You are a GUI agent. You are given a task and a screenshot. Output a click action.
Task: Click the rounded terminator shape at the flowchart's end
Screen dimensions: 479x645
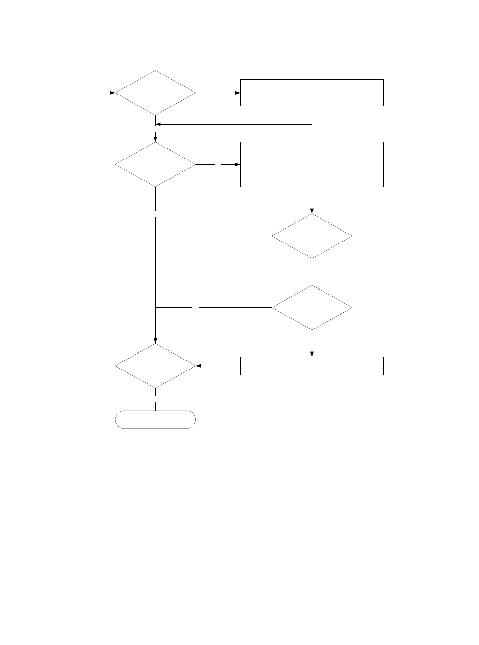(x=155, y=419)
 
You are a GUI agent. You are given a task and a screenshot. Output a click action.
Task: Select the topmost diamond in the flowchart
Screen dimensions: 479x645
(x=155, y=93)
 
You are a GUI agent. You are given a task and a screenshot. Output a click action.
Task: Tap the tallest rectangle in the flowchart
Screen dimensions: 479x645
(x=312, y=164)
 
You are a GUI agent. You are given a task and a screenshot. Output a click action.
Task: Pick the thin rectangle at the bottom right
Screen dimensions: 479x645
(x=312, y=366)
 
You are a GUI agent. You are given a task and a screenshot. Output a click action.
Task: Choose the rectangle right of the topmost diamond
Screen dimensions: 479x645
(x=312, y=93)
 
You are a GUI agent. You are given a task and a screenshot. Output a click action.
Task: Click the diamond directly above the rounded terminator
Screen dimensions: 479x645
(x=155, y=366)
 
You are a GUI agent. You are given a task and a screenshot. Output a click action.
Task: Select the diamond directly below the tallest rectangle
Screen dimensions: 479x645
(x=312, y=236)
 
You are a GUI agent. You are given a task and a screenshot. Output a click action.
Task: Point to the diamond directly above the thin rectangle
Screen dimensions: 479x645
(x=312, y=308)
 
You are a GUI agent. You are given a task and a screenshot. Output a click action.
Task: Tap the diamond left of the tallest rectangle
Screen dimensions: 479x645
(x=155, y=165)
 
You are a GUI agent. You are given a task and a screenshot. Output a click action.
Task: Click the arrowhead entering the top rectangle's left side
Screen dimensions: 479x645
(x=237, y=93)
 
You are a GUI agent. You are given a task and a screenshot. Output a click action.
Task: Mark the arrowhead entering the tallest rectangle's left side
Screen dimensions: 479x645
(x=237, y=165)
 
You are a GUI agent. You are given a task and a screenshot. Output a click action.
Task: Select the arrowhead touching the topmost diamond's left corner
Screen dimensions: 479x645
(x=112, y=93)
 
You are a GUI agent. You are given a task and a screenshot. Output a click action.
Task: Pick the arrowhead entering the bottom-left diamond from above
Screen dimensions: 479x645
(x=156, y=341)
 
